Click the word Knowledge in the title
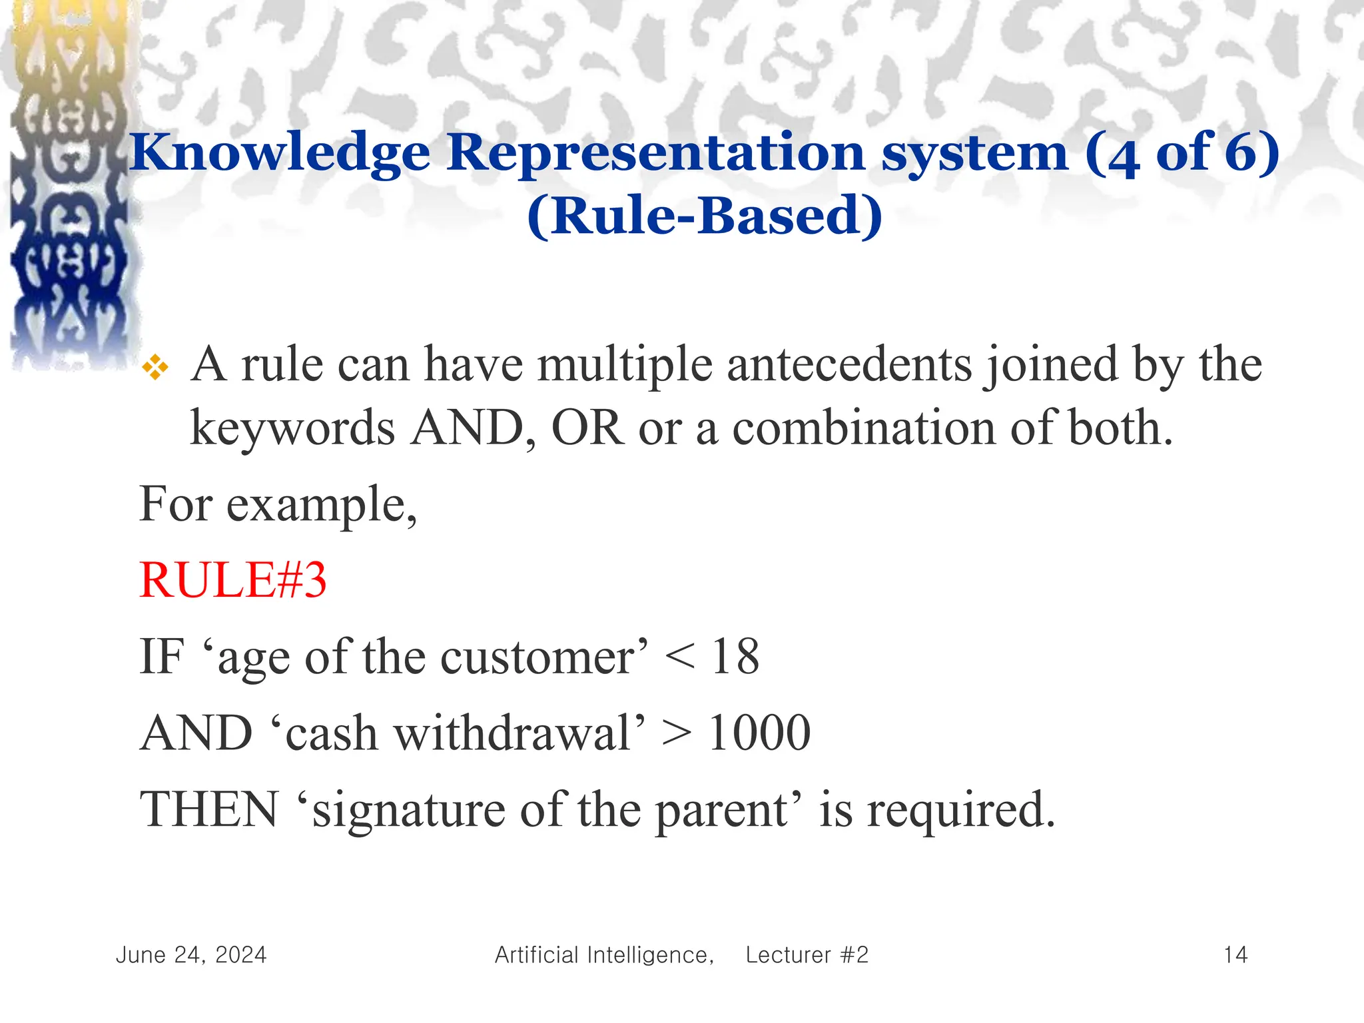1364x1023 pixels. pyautogui.click(x=280, y=154)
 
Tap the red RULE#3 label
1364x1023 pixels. pyautogui.click(x=233, y=580)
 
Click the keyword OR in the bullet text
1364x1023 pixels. pyautogui.click(x=587, y=428)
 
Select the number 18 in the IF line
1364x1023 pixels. pyautogui.click(x=735, y=657)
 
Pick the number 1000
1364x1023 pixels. pyautogui.click(x=759, y=733)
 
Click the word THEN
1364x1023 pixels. pyautogui.click(x=208, y=810)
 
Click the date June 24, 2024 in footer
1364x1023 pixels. pyautogui.click(x=191, y=955)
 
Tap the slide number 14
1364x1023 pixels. pyautogui.click(x=1235, y=955)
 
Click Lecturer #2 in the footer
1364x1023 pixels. pyautogui.click(x=807, y=955)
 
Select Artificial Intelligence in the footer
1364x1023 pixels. pyautogui.click(x=603, y=955)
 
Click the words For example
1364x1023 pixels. pyautogui.click(x=278, y=505)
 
